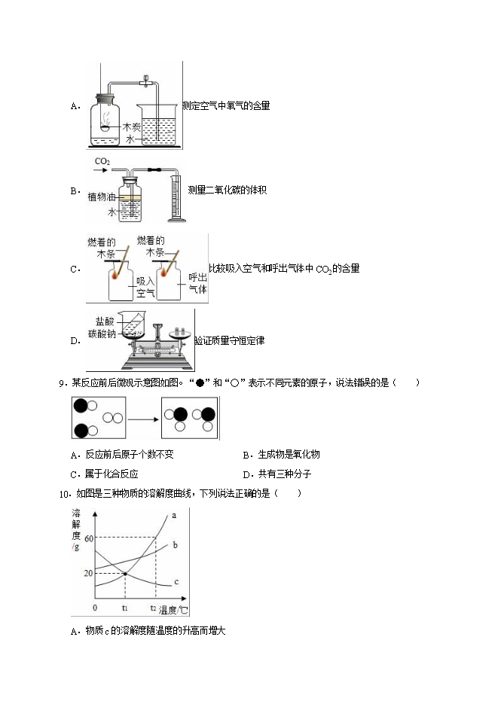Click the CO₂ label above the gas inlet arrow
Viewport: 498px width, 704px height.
tap(102, 161)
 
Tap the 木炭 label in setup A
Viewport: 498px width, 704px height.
tap(132, 127)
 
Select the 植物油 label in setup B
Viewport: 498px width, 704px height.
tap(102, 197)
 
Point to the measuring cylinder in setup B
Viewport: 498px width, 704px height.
tap(176, 197)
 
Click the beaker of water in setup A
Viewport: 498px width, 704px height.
tap(157, 125)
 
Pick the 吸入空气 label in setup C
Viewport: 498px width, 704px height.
tap(145, 288)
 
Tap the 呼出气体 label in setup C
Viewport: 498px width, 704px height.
tap(197, 283)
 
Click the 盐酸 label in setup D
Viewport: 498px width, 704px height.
tap(105, 322)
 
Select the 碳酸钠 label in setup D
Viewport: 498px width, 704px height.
tap(102, 334)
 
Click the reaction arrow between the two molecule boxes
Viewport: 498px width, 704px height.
tap(143, 419)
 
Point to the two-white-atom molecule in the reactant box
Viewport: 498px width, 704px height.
tap(113, 418)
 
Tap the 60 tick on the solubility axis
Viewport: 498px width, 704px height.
tap(89, 538)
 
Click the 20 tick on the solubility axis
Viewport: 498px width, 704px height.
tap(88, 573)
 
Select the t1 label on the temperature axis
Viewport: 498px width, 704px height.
tap(125, 608)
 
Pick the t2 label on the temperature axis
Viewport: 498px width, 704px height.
tap(153, 608)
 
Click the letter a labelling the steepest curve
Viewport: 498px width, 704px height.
tap(174, 516)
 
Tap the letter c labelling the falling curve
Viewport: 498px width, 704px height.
tap(176, 582)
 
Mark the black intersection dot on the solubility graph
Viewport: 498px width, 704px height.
tap(125, 574)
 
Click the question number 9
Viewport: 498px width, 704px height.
tap(62, 383)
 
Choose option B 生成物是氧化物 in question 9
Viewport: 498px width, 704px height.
tap(282, 454)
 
